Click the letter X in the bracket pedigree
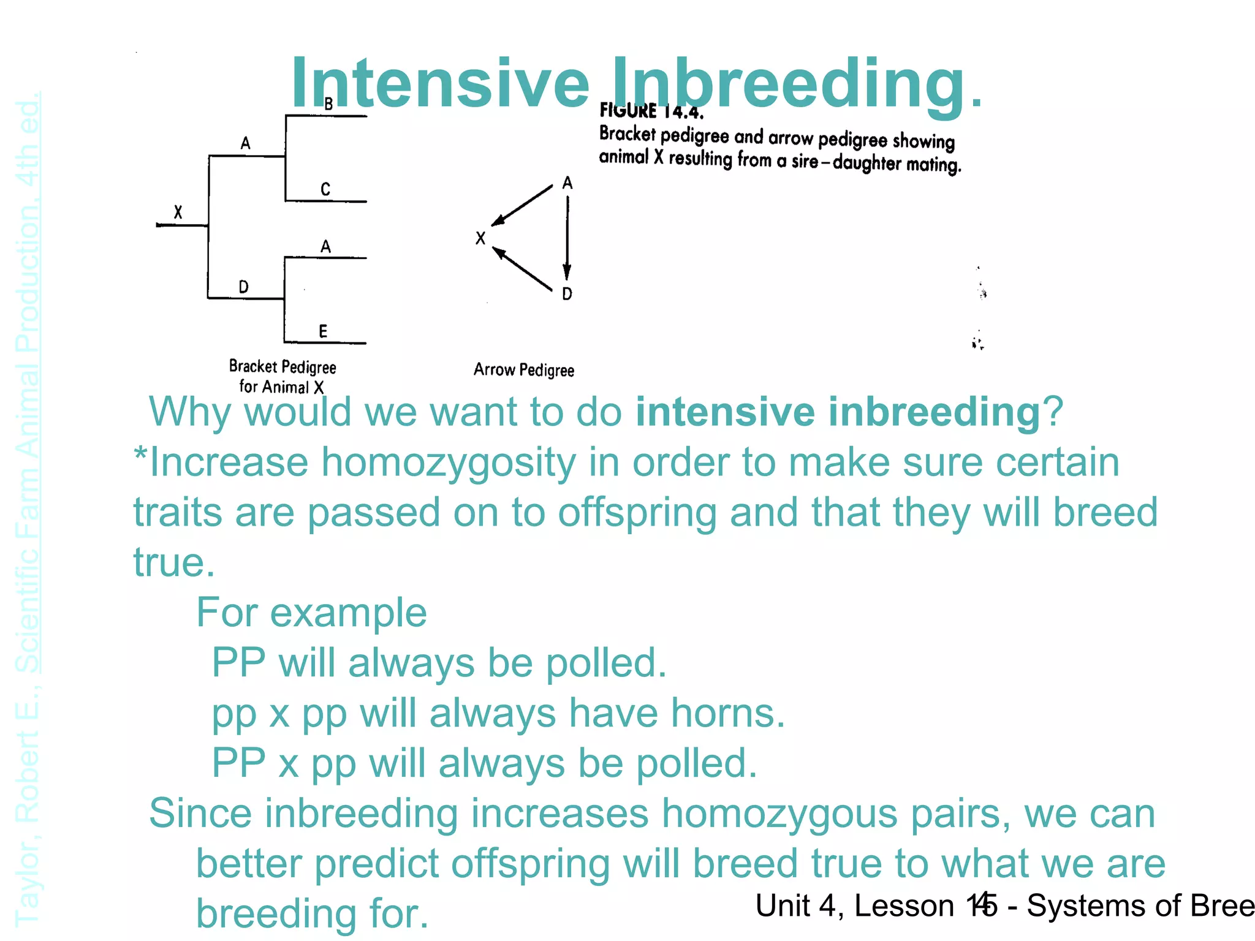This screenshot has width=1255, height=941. coord(178,213)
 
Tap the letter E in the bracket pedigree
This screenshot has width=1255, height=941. coord(323,331)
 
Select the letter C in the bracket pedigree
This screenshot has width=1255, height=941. coord(325,189)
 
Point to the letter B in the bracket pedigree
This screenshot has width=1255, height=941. coord(328,105)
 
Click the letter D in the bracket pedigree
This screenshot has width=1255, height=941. coord(243,287)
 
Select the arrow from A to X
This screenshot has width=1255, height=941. coord(523,205)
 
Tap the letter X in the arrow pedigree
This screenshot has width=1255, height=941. coord(480,238)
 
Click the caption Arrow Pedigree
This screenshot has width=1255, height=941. coord(524,370)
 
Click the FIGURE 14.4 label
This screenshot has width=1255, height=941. coord(651,111)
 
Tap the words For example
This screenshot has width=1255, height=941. coord(311,613)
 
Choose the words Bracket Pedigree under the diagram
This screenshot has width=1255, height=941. coord(282,367)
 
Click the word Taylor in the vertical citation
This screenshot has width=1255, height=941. coord(27,882)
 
